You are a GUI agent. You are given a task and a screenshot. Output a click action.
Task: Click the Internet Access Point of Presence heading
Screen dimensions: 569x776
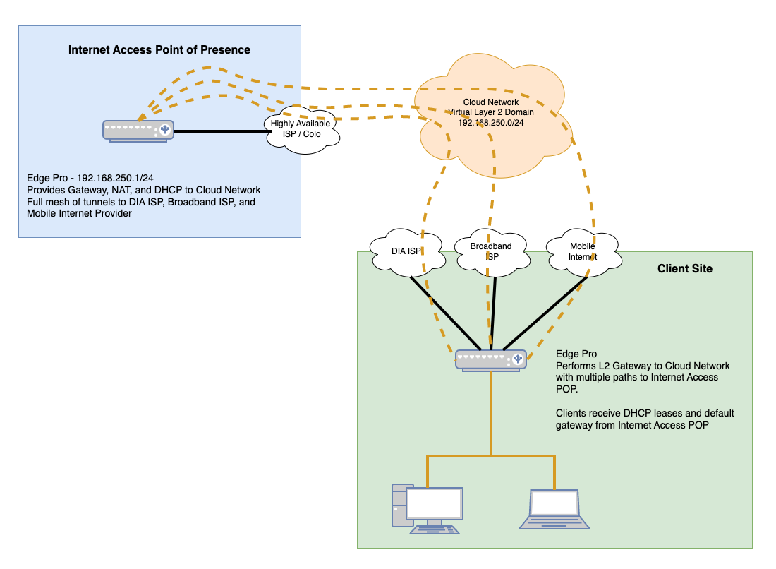pos(159,49)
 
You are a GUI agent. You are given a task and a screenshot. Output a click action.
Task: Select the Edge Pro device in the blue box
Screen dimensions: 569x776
pos(138,131)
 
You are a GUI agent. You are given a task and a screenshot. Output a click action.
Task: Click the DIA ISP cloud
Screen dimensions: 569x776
pos(407,251)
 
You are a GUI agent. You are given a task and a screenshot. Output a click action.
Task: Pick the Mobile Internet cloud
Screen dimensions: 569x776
pos(583,251)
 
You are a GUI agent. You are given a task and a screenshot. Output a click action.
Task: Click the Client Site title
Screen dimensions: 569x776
pos(684,268)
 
